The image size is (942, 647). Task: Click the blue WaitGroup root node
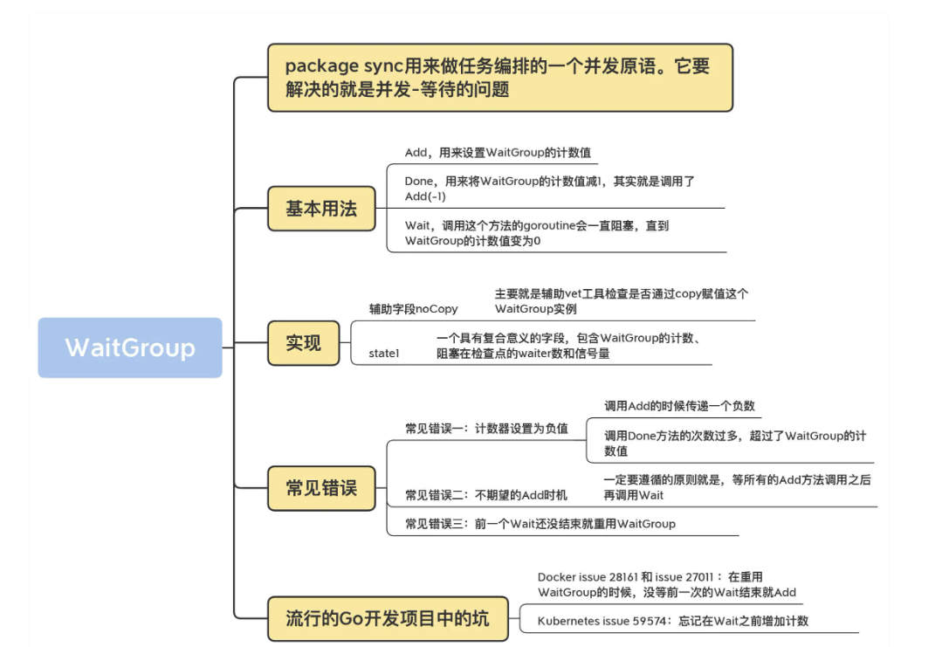(130, 348)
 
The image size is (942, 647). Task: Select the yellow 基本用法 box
(321, 209)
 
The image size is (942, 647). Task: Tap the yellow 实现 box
(303, 343)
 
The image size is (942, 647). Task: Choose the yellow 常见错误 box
(321, 487)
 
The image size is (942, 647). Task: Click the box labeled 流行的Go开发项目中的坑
(387, 618)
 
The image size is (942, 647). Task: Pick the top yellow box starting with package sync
(499, 78)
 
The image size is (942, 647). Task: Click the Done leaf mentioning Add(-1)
(549, 189)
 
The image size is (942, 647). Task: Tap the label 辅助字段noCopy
(413, 308)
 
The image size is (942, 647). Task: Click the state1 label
(383, 354)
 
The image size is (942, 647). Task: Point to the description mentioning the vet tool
(621, 301)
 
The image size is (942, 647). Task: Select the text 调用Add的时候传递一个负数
(679, 405)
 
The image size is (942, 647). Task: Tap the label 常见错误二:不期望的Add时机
(485, 495)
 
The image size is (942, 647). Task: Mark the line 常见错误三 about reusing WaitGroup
(540, 524)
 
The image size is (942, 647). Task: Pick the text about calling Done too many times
(734, 443)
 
